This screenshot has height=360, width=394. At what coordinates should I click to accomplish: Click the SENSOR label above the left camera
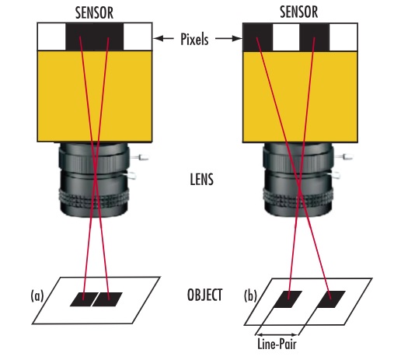(94, 12)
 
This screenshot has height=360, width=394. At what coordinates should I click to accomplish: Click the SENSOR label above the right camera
(299, 12)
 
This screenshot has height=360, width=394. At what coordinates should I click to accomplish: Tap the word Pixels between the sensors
(194, 40)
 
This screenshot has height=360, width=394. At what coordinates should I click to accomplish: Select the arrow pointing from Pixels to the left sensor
(163, 39)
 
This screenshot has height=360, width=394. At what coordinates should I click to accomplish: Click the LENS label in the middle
(201, 180)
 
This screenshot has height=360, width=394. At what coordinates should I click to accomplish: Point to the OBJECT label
(204, 295)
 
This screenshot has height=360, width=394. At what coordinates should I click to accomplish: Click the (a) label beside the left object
(37, 295)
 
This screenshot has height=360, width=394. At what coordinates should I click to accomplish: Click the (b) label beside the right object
(250, 295)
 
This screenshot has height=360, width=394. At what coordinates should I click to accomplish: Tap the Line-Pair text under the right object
(277, 344)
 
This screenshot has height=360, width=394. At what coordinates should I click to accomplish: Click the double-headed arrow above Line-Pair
(277, 334)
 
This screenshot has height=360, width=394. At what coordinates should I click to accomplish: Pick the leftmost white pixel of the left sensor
(52, 37)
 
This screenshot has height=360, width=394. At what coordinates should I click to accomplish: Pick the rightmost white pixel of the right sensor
(343, 37)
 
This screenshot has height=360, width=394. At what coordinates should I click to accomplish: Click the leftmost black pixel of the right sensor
(258, 37)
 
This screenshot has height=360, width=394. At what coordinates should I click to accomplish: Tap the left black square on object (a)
(84, 299)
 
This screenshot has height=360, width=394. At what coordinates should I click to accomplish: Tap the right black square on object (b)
(331, 299)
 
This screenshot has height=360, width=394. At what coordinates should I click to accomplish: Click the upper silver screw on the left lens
(140, 157)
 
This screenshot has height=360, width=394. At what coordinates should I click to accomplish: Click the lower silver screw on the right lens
(335, 175)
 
